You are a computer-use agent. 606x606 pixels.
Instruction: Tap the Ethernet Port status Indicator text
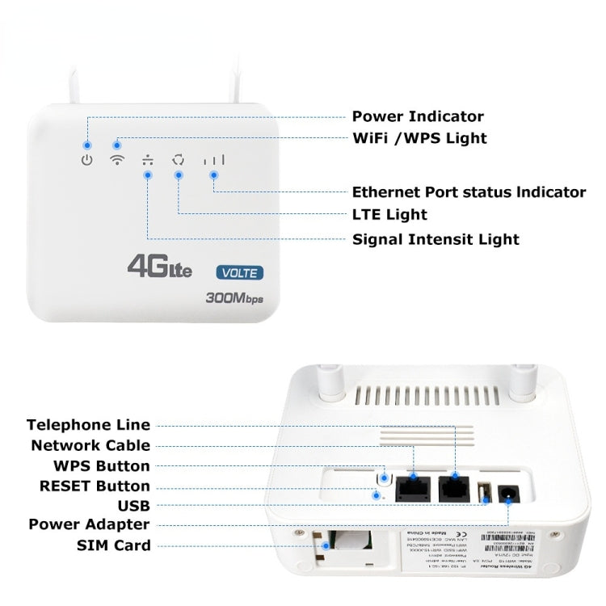tap(469, 192)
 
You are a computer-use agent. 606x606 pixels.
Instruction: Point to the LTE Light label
tap(389, 215)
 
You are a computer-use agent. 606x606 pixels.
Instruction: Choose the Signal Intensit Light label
tap(436, 239)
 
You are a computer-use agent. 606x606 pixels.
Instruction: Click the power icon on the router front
tap(87, 160)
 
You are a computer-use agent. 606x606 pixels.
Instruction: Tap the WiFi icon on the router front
tap(117, 160)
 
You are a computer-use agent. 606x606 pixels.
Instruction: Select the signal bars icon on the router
tap(214, 160)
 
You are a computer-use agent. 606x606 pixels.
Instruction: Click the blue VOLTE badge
tap(238, 273)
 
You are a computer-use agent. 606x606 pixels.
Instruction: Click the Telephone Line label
tap(88, 425)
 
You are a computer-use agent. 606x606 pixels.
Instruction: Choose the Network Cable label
tap(90, 445)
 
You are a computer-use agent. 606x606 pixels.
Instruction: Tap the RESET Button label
tap(95, 486)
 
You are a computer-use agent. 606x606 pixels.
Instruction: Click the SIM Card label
tap(113, 545)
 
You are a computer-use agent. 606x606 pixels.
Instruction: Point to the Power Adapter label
tap(89, 524)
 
